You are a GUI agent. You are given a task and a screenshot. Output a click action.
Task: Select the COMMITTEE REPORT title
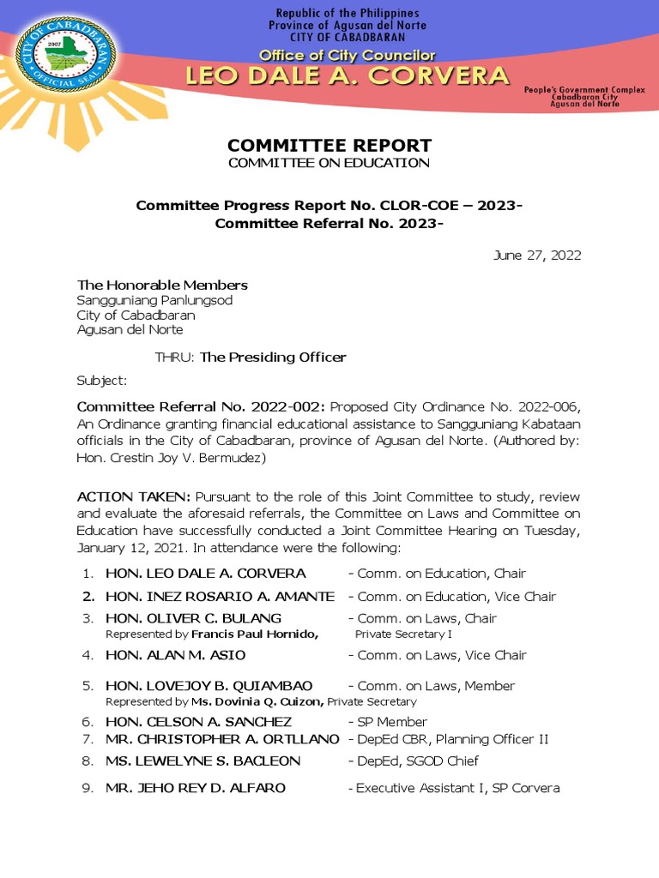coord(329,145)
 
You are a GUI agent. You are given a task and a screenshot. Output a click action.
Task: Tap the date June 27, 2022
coord(537,255)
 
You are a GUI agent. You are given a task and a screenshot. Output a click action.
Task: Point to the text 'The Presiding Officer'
coord(273,357)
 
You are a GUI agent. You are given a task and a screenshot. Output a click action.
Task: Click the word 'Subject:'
coord(102,380)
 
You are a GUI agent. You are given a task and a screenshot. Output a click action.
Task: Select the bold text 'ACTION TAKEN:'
coord(134,496)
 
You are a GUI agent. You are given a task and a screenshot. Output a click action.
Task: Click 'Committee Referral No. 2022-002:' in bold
coord(202,406)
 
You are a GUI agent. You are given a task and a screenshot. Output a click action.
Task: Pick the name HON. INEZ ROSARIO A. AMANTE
coord(220,596)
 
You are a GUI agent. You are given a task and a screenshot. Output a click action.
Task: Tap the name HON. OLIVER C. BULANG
coord(193,618)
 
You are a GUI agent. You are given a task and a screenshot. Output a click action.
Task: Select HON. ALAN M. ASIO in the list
coord(175,655)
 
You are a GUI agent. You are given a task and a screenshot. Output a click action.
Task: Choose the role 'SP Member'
coord(392,722)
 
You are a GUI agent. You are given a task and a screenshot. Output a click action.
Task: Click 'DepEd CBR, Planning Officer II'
coord(452,739)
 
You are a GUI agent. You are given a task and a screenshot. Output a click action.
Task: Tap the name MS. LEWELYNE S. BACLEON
coord(203,761)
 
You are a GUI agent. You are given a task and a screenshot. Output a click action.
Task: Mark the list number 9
coord(88,787)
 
